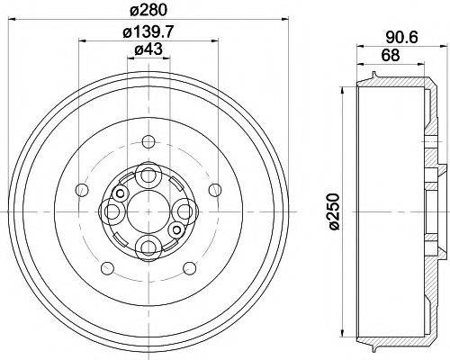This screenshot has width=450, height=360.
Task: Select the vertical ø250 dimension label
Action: click(334, 213)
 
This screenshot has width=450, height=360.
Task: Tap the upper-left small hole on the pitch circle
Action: click(83, 189)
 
